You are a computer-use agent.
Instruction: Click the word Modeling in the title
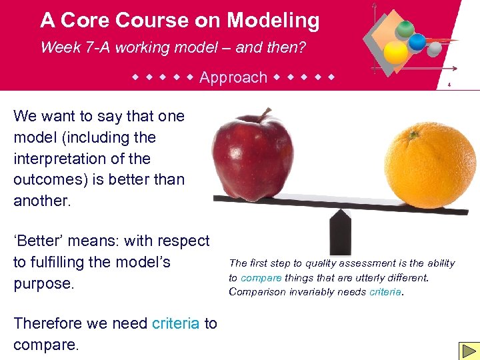273,21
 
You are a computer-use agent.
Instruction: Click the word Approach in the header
233,77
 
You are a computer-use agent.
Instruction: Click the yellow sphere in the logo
396,52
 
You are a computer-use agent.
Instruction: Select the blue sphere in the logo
417,42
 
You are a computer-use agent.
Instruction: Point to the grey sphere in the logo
434,49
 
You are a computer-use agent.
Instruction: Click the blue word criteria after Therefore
175,323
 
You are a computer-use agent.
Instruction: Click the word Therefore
47,323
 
